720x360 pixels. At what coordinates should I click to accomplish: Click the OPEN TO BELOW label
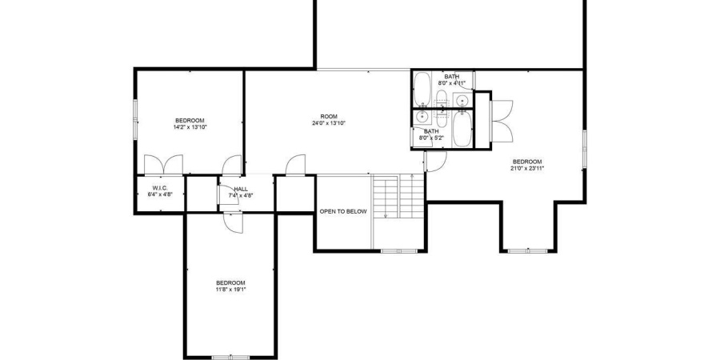click(343, 212)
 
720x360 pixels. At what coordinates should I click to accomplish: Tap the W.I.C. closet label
click(159, 189)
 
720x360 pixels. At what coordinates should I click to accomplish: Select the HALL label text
click(241, 190)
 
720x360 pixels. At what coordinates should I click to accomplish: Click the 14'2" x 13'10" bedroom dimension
click(190, 127)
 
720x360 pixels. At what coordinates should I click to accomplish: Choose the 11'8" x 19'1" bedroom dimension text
click(230, 290)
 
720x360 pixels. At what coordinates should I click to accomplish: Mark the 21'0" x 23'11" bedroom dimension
click(527, 168)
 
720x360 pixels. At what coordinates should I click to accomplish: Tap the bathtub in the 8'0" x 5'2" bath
click(461, 129)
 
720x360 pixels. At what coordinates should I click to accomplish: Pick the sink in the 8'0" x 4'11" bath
click(461, 99)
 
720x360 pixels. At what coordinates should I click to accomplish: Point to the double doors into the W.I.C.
click(162, 165)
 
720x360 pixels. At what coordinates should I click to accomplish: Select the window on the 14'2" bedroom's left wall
click(135, 117)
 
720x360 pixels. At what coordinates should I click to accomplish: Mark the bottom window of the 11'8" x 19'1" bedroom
click(230, 356)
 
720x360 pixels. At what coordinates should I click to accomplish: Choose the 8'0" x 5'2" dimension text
click(431, 138)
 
